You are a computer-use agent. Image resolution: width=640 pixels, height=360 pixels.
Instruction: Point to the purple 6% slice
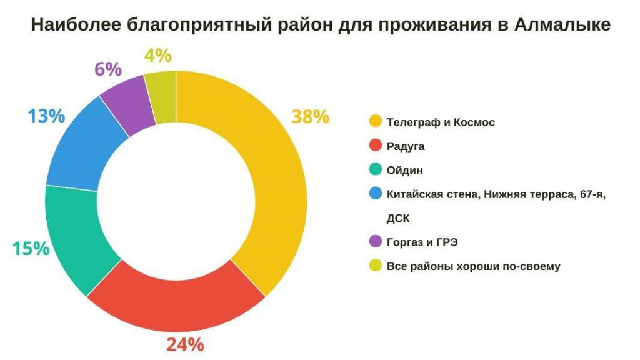tap(125, 106)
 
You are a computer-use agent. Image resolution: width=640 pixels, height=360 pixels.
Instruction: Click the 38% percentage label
tap(310, 117)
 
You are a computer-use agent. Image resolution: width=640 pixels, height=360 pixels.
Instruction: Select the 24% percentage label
tap(185, 344)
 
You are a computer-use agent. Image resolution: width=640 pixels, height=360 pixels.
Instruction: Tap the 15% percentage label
tap(31, 249)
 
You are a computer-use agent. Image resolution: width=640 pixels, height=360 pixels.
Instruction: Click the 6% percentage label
tap(108, 69)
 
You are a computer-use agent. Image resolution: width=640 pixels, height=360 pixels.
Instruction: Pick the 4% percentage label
tap(157, 56)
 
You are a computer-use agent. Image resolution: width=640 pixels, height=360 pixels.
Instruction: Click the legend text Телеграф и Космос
tap(441, 122)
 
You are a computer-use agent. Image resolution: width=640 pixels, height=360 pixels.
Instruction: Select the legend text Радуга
tap(406, 146)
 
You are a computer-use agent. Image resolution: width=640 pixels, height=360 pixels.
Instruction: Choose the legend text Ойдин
tap(405, 171)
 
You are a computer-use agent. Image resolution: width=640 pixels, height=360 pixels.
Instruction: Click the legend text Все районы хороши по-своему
tap(474, 266)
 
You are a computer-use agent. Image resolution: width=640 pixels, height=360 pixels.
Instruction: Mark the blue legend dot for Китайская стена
tap(376, 194)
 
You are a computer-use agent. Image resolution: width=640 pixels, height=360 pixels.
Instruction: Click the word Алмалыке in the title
tap(562, 25)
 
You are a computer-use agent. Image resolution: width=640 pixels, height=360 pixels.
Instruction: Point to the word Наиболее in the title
tap(74, 25)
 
